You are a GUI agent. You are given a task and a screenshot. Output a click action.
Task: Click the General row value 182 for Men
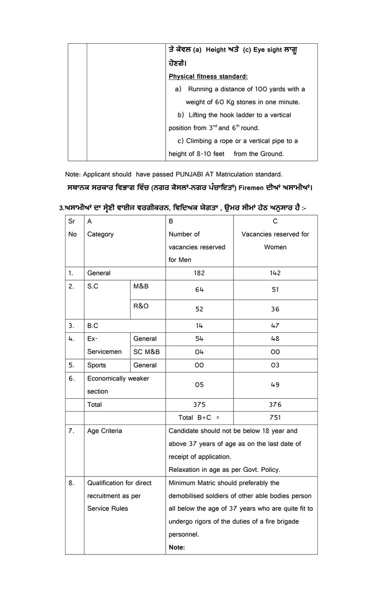tap(199, 273)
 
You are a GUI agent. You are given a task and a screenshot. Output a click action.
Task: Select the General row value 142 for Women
tap(275, 273)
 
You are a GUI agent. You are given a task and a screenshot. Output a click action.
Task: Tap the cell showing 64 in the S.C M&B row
tap(199, 290)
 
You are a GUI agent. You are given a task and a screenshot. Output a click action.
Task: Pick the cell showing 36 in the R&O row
tap(275, 309)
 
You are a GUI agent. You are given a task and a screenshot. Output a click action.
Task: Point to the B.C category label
tap(93, 326)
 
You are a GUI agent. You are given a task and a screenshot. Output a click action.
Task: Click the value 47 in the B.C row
tap(275, 326)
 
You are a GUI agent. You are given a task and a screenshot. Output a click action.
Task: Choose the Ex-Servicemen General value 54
tap(199, 339)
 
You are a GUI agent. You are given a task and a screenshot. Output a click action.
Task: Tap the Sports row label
tap(96, 365)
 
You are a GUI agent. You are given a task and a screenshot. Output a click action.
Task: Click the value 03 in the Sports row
tap(275, 365)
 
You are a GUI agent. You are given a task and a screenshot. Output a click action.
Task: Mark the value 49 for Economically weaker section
tap(275, 385)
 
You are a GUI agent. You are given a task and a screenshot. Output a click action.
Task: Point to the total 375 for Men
tap(199, 405)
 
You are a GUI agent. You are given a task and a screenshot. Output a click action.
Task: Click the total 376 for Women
tap(275, 405)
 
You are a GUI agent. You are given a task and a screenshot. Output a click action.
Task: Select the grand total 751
tap(275, 418)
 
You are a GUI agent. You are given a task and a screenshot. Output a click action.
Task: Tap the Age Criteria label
tap(105, 431)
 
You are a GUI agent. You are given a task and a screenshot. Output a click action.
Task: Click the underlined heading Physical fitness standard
tap(208, 76)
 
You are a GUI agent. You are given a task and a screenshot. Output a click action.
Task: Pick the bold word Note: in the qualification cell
tap(177, 548)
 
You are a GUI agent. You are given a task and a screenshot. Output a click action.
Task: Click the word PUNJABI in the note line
tap(195, 174)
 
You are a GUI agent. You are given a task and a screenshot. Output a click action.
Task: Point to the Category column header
tap(100, 234)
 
